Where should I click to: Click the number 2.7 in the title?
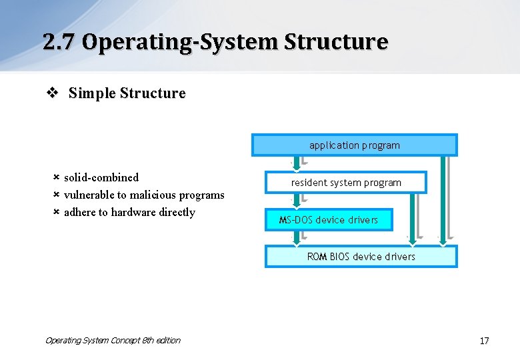pyautogui.click(x=59, y=42)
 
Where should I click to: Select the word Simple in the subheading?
pyautogui.click(x=91, y=93)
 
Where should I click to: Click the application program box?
pyautogui.click(x=354, y=145)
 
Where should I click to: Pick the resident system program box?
pyautogui.click(x=346, y=182)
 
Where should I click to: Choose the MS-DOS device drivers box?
pyautogui.click(x=329, y=219)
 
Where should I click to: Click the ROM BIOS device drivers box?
pyautogui.click(x=361, y=257)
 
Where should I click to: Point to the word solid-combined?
pyautogui.click(x=101, y=177)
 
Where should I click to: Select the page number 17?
pyautogui.click(x=484, y=341)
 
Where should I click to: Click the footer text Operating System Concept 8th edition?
pyautogui.click(x=113, y=340)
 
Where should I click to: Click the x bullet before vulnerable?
pyautogui.click(x=57, y=195)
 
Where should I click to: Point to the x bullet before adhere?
pyautogui.click(x=57, y=212)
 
